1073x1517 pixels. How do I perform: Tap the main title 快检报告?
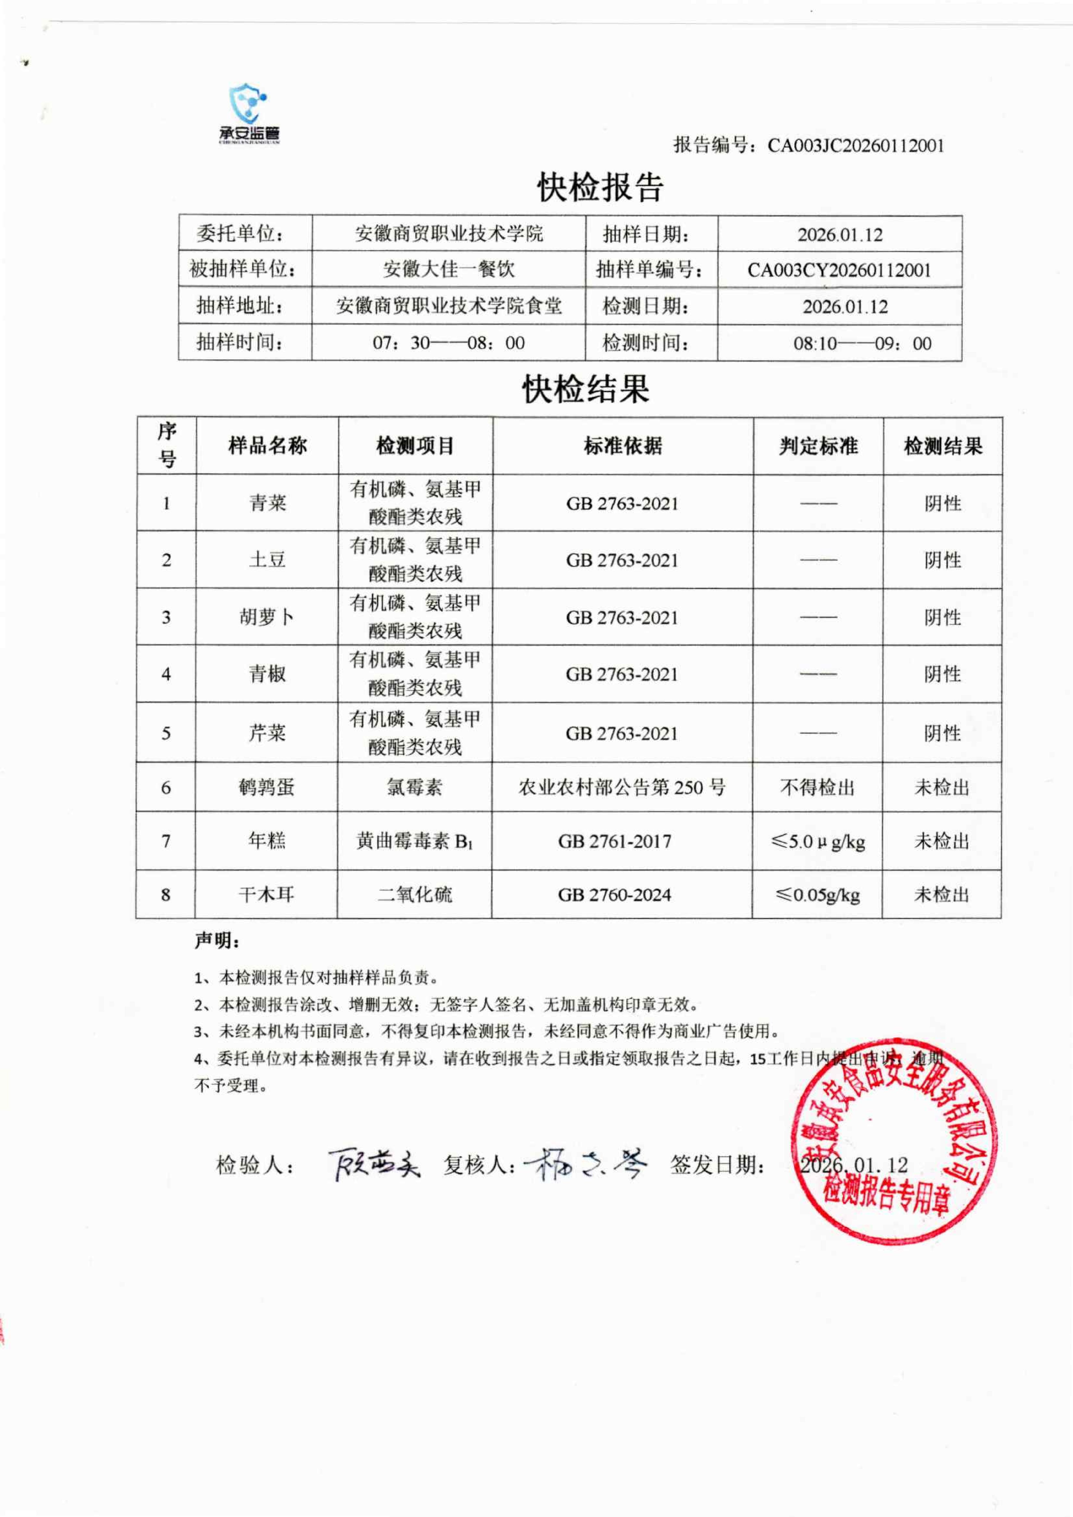pos(600,188)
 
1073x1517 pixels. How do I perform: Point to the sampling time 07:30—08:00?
pos(448,343)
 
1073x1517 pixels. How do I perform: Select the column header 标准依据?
pos(622,446)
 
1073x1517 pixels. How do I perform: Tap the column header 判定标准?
pos(818,446)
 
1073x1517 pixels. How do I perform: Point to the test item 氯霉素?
pos(414,787)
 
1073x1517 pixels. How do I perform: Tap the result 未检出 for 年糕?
pos(942,841)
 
